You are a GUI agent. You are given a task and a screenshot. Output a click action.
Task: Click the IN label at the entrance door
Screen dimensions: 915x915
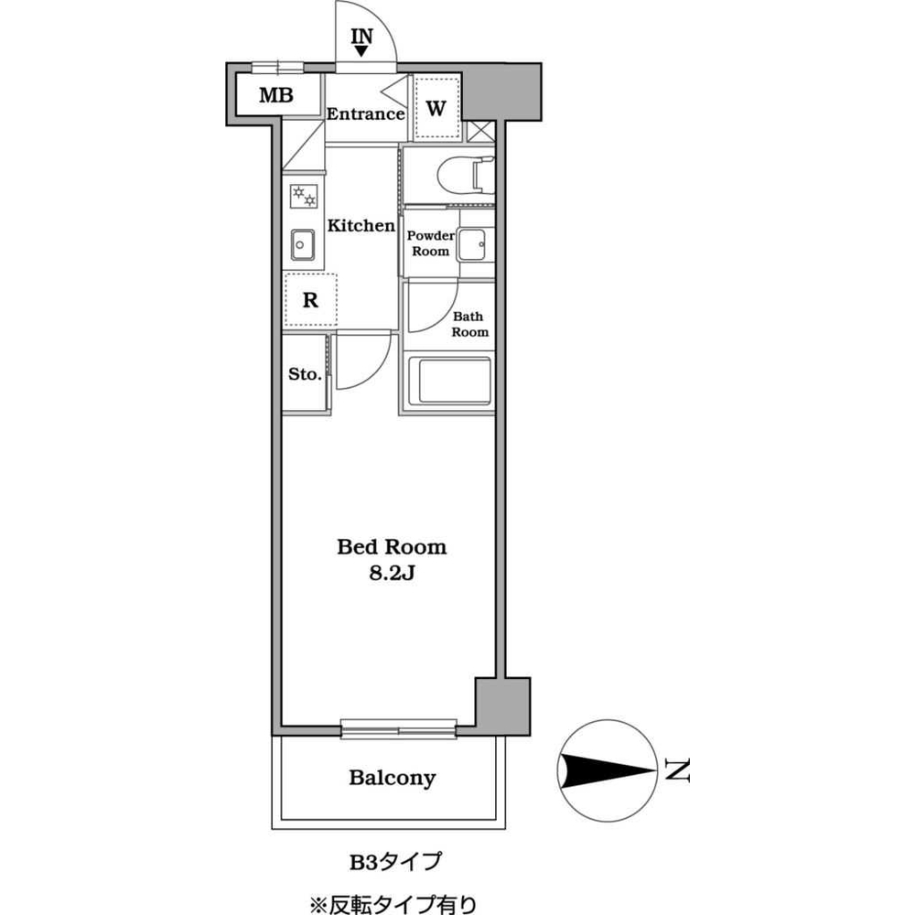(x=363, y=37)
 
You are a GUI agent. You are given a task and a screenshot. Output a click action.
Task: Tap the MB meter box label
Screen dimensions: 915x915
(x=275, y=94)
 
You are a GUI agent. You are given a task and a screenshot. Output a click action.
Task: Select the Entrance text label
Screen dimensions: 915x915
(x=365, y=114)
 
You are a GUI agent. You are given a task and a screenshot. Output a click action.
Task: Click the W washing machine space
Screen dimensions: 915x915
(x=436, y=108)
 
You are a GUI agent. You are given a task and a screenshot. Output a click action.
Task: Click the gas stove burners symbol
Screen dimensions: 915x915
(x=304, y=196)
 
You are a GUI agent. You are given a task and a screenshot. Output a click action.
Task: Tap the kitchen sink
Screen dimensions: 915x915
(x=303, y=243)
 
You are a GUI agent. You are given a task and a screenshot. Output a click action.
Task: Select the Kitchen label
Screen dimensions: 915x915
(x=361, y=225)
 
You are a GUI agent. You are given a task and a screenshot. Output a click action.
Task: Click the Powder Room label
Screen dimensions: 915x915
(x=429, y=242)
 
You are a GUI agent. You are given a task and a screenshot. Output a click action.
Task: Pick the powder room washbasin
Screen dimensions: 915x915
(x=473, y=242)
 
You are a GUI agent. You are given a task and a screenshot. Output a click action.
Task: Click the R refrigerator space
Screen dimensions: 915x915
(x=310, y=300)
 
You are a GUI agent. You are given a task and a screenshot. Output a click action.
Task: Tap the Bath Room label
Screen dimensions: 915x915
(x=470, y=325)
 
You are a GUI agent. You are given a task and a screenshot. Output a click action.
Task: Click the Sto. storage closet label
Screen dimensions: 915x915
(x=304, y=374)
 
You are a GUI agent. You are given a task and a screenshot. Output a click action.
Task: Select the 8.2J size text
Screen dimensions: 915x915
(x=392, y=574)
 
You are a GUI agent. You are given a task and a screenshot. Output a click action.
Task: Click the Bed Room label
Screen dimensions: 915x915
(x=392, y=547)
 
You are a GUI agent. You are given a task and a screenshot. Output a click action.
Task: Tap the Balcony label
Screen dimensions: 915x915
(x=392, y=779)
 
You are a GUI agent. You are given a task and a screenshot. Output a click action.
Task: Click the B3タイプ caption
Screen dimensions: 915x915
(x=393, y=861)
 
